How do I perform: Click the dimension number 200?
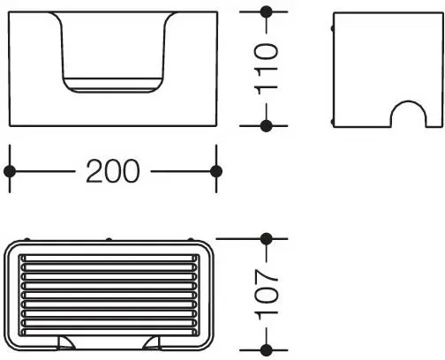pos(113,171)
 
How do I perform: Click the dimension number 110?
pos(266,69)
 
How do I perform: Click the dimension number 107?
pos(267,295)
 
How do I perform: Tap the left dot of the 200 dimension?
pos(10,171)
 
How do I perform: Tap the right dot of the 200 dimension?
pos(216,171)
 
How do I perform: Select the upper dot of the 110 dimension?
pos(267,11)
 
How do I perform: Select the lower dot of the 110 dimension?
pos(267,126)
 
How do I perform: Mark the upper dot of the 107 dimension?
pos(267,239)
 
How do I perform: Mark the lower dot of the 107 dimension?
pos(267,350)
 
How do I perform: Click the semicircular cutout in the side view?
pos(408,101)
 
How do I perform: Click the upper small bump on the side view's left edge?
pos(333,28)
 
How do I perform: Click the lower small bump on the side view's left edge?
pos(333,122)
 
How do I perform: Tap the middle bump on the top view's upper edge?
pos(109,239)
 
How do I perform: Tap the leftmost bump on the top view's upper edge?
pos(26,239)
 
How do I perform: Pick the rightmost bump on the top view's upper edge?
pos(191,239)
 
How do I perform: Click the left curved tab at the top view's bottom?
pos(65,343)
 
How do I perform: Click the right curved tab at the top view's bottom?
pos(152,343)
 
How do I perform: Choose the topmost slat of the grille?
pos(109,259)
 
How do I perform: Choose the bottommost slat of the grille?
pos(109,332)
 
